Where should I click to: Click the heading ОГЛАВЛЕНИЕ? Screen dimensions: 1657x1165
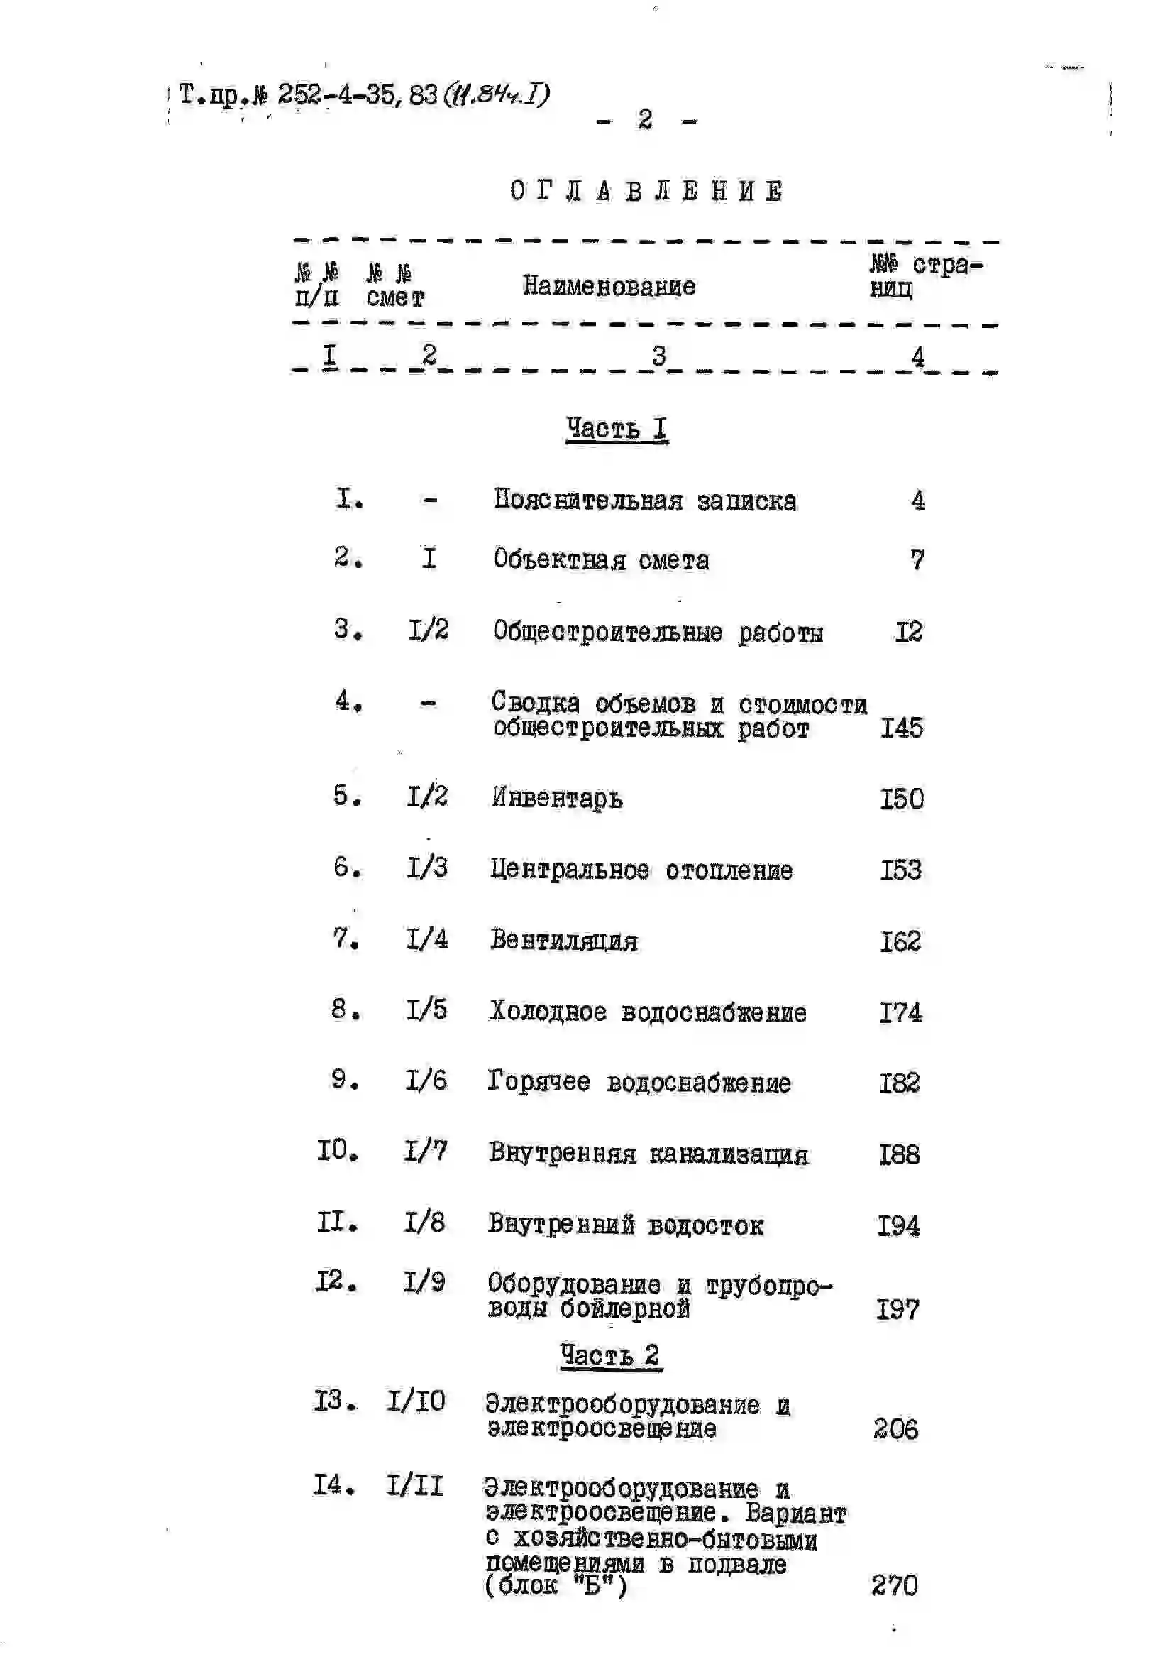646,192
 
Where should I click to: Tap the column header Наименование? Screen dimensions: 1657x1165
609,288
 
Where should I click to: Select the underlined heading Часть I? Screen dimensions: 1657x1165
616,430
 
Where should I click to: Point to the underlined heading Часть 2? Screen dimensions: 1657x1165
610,1355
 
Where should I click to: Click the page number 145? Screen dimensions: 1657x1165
901,728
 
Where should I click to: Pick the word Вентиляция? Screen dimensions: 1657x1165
563,941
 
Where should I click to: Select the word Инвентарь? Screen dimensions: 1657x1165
557,799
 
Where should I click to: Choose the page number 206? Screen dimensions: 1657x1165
896,1429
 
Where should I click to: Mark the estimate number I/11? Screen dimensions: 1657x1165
414,1487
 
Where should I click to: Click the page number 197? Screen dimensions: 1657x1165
898,1310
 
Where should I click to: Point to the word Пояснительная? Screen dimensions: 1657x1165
587,500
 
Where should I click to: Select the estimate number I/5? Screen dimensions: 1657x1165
426,1010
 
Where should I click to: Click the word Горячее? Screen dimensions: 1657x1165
538,1082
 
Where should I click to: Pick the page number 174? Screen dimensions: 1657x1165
900,1012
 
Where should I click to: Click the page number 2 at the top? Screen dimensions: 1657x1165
645,120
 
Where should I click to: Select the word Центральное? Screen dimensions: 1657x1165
569,870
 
